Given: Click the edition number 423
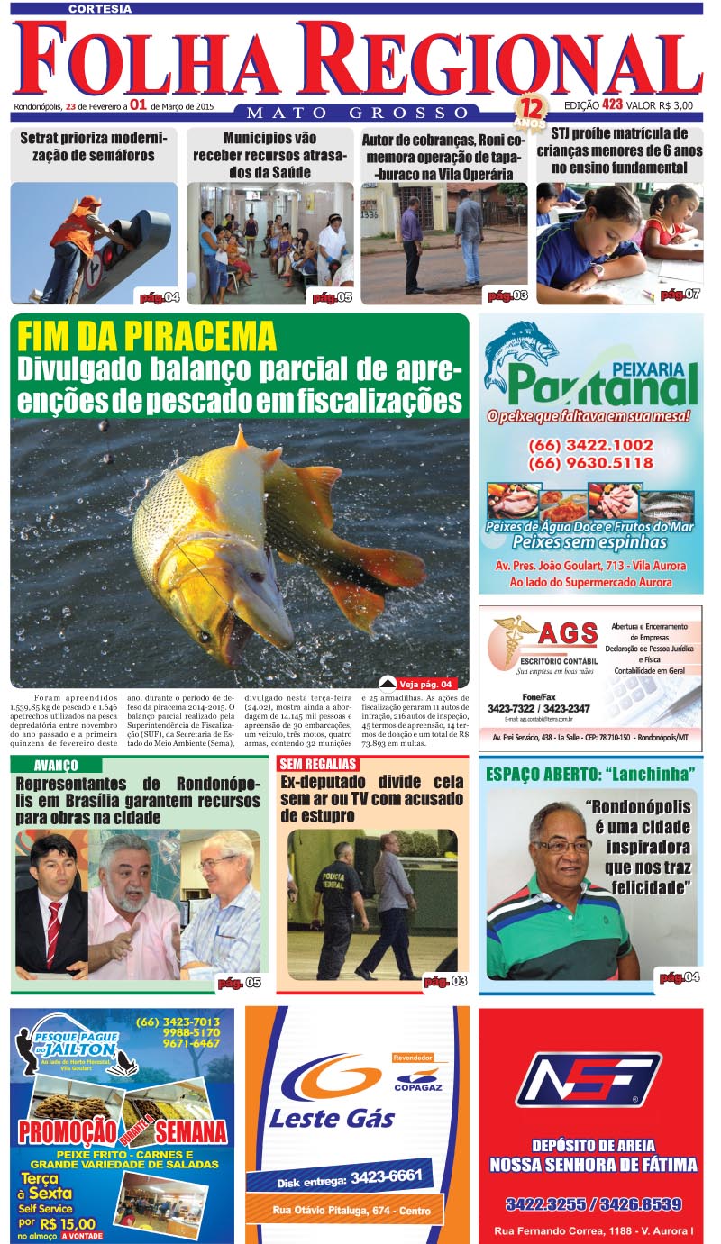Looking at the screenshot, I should tap(613, 105).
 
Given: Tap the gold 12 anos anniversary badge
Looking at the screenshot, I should tap(530, 113).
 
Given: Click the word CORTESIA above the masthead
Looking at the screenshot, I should tap(99, 8).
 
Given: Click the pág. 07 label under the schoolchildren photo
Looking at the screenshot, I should tap(679, 295).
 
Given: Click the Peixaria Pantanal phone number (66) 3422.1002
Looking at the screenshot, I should tap(590, 445).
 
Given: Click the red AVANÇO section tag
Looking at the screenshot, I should tap(55, 765).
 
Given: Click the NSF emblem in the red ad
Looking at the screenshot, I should tap(590, 1079).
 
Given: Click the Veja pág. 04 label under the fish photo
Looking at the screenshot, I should tap(424, 683).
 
